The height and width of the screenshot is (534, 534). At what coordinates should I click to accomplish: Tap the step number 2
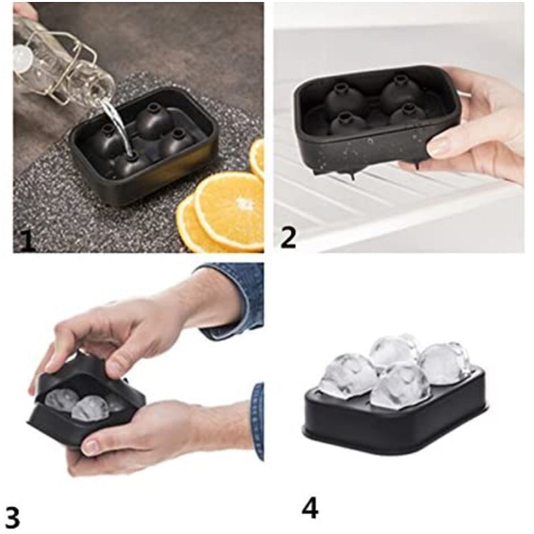click(x=288, y=236)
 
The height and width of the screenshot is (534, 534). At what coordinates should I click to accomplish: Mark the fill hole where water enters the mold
click(x=131, y=155)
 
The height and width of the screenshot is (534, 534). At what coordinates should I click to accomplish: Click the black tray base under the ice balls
click(x=394, y=427)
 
